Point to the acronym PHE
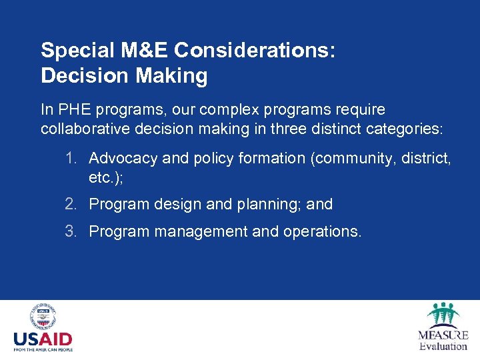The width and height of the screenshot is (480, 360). pos(71,109)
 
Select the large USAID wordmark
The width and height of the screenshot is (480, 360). pos(43,339)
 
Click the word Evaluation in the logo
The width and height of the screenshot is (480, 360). pos(443,346)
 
